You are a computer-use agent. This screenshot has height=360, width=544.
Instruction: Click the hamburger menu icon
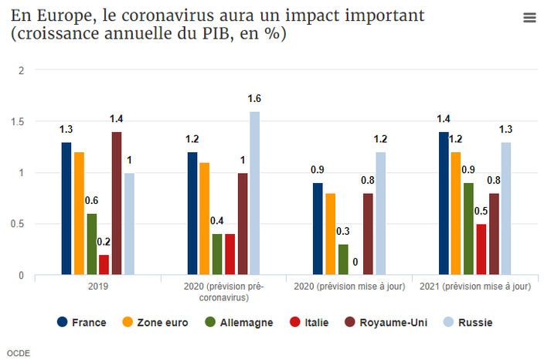point(529,19)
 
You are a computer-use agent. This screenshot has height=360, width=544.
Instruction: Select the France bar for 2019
point(66,209)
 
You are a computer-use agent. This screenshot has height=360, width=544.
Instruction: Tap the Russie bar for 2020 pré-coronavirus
point(254,193)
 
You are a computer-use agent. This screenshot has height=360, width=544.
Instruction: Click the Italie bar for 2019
point(104,265)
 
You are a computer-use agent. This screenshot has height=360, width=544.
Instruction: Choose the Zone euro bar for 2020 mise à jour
point(330,234)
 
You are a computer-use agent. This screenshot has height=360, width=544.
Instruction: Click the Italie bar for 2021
point(481,250)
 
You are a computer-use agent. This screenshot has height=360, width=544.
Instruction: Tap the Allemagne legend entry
point(237,322)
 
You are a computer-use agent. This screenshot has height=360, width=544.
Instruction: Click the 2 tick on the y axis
point(22,70)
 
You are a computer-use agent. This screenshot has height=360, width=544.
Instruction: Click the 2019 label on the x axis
point(98,286)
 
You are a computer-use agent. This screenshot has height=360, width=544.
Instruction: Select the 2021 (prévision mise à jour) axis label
point(475,286)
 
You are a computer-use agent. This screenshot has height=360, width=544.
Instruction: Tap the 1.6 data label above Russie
point(254,99)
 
